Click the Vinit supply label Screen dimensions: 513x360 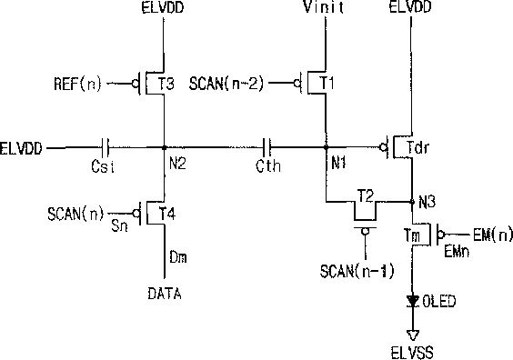[x=324, y=7]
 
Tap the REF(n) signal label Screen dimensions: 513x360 [x=77, y=84]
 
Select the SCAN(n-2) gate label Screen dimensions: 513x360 [x=226, y=84]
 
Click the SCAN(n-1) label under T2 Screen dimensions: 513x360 [x=357, y=272]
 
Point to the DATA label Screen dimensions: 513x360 [x=165, y=294]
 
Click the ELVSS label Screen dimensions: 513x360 [x=412, y=353]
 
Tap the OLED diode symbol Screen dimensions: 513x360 [x=413, y=301]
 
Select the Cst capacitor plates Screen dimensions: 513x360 [x=105, y=148]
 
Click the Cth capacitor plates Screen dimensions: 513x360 [x=267, y=148]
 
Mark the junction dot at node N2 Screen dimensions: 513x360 [x=165, y=148]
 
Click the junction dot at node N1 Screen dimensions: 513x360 [x=326, y=148]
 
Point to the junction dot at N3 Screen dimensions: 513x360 [x=412, y=202]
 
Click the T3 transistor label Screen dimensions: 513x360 [x=166, y=84]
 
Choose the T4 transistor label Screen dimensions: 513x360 [x=167, y=215]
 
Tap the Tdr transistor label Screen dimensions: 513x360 [x=417, y=147]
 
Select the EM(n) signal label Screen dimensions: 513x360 [x=492, y=235]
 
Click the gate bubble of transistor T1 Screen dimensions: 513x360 [x=297, y=84]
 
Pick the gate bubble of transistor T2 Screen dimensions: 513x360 [x=365, y=232]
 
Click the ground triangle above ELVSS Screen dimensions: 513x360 [x=413, y=335]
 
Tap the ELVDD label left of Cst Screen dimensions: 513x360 [x=21, y=148]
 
